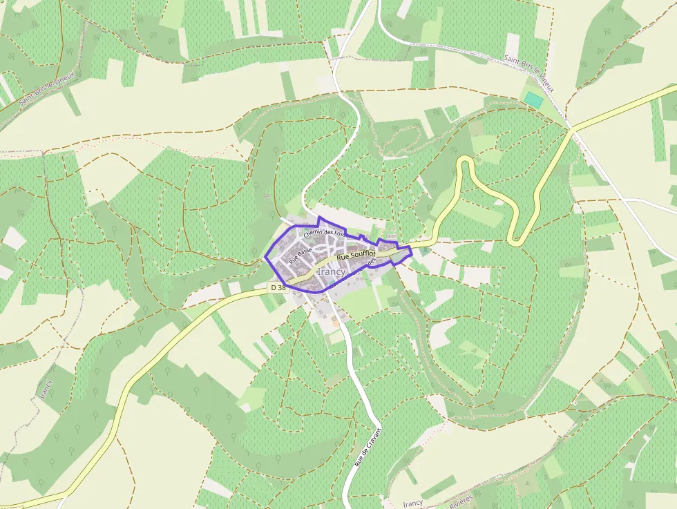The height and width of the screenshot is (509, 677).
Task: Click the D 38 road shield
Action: pyautogui.click(x=278, y=287)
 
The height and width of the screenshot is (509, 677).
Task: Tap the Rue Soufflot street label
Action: pyautogui.click(x=356, y=256)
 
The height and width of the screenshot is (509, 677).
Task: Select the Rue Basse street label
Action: pyautogui.click(x=301, y=256)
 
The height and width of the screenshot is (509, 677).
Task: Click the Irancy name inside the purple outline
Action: pyautogui.click(x=332, y=272)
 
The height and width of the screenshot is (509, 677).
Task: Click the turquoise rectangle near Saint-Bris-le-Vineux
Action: pyautogui.click(x=533, y=99)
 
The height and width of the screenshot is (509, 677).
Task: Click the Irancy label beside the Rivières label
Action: pyautogui.click(x=412, y=503)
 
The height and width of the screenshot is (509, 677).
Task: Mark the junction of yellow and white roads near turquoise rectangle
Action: pyautogui.click(x=572, y=128)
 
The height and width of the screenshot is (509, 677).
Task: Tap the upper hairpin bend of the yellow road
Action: pyautogui.click(x=465, y=161)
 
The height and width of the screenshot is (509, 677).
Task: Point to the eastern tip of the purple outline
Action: pyautogui.click(x=411, y=249)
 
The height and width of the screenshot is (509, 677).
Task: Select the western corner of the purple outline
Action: pyautogui.click(x=266, y=259)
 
